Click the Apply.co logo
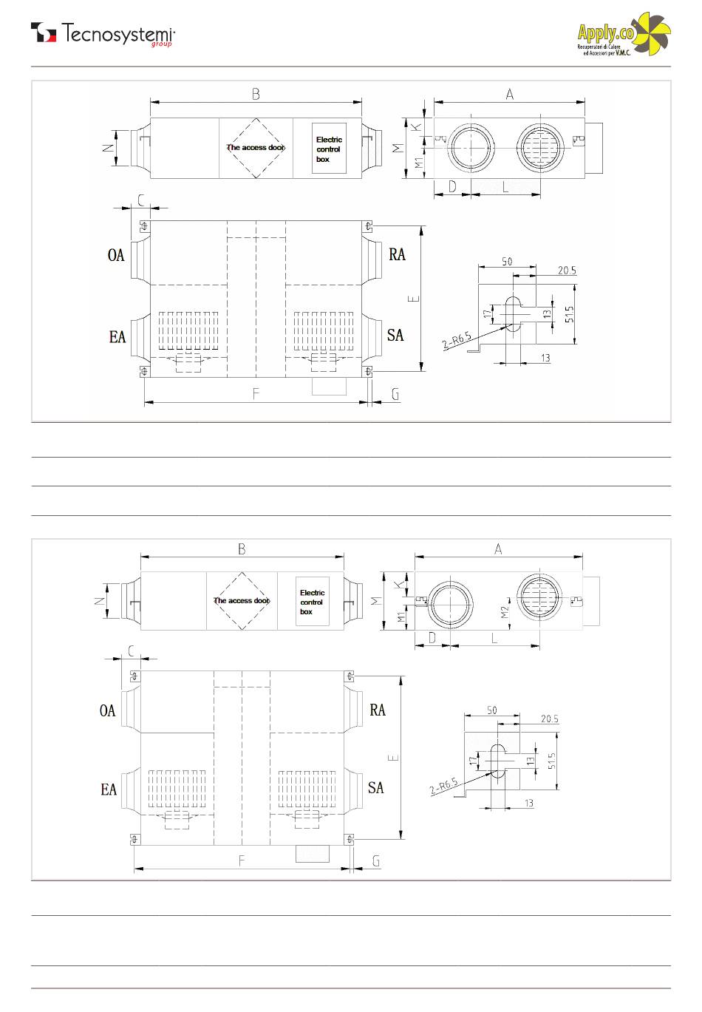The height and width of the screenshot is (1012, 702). pyautogui.click(x=624, y=35)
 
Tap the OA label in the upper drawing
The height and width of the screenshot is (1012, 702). pyautogui.click(x=116, y=255)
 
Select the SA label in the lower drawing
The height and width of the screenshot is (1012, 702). pyautogui.click(x=376, y=788)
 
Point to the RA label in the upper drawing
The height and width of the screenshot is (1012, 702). pyautogui.click(x=398, y=254)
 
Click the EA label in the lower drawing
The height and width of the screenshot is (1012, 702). pyautogui.click(x=109, y=790)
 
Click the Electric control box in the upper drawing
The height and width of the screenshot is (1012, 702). pyautogui.click(x=329, y=149)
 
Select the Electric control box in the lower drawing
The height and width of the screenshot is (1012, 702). pyautogui.click(x=312, y=602)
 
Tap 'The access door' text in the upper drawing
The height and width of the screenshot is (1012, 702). pyautogui.click(x=256, y=148)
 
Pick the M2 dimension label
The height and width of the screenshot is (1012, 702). pyautogui.click(x=505, y=612)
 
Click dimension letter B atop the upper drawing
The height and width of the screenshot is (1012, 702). pyautogui.click(x=256, y=95)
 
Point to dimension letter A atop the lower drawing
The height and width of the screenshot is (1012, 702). pyautogui.click(x=498, y=549)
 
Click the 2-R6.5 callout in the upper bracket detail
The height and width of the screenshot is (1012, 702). pyautogui.click(x=457, y=341)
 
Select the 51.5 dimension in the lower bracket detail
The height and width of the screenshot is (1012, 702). pyautogui.click(x=552, y=761)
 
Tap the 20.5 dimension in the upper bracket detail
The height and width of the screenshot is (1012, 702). pyautogui.click(x=567, y=271)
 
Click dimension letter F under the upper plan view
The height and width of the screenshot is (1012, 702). pyautogui.click(x=256, y=394)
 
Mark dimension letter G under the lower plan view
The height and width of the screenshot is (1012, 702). pyautogui.click(x=376, y=861)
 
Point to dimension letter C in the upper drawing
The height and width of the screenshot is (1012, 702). pyautogui.click(x=141, y=200)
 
